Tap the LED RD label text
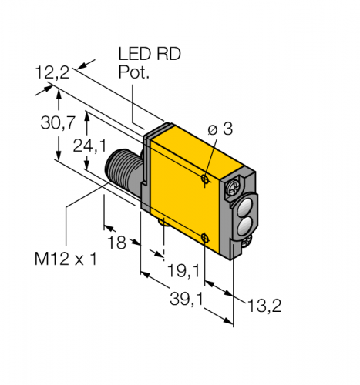click(146, 55)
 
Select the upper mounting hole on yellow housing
click(204, 179)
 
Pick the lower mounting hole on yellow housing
click(204, 237)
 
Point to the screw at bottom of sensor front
click(247, 245)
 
